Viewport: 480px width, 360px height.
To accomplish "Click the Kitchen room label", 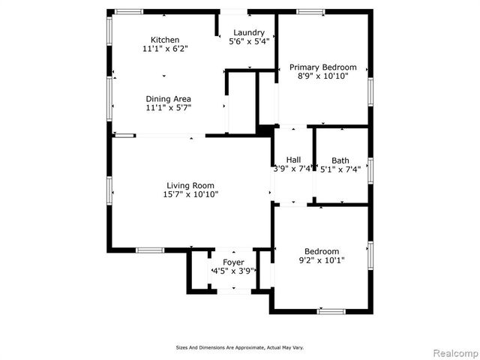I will (x=165, y=40).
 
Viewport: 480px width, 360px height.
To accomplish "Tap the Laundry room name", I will (x=248, y=32).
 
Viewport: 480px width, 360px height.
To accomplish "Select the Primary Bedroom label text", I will (x=323, y=67).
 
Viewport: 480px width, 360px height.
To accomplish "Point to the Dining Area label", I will (x=168, y=99).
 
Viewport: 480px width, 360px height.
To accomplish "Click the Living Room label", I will (x=190, y=186).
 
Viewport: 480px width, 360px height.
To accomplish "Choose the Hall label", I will (x=293, y=160).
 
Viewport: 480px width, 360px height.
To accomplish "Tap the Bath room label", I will (x=340, y=160).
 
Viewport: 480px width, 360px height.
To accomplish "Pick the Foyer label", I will (x=233, y=262).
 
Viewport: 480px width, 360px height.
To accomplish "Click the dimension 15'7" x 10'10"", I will (x=190, y=195).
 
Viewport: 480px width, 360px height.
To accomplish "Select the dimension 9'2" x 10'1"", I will (x=322, y=260).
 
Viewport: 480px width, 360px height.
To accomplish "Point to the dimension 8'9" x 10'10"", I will (x=323, y=76).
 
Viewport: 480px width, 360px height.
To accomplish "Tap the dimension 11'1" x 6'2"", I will (x=165, y=49).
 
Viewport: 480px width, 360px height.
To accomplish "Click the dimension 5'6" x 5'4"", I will (x=248, y=42).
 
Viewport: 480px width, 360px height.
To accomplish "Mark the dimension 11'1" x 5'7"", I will (x=168, y=108).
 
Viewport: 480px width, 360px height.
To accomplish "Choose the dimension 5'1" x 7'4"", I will (x=340, y=169).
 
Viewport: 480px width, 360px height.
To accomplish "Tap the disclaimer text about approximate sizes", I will (x=240, y=347).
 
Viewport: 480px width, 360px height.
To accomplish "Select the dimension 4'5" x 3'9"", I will (x=233, y=271).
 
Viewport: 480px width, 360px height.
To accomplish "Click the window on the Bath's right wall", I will (x=370, y=170).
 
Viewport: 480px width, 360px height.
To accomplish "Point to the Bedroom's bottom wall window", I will (x=331, y=310).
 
